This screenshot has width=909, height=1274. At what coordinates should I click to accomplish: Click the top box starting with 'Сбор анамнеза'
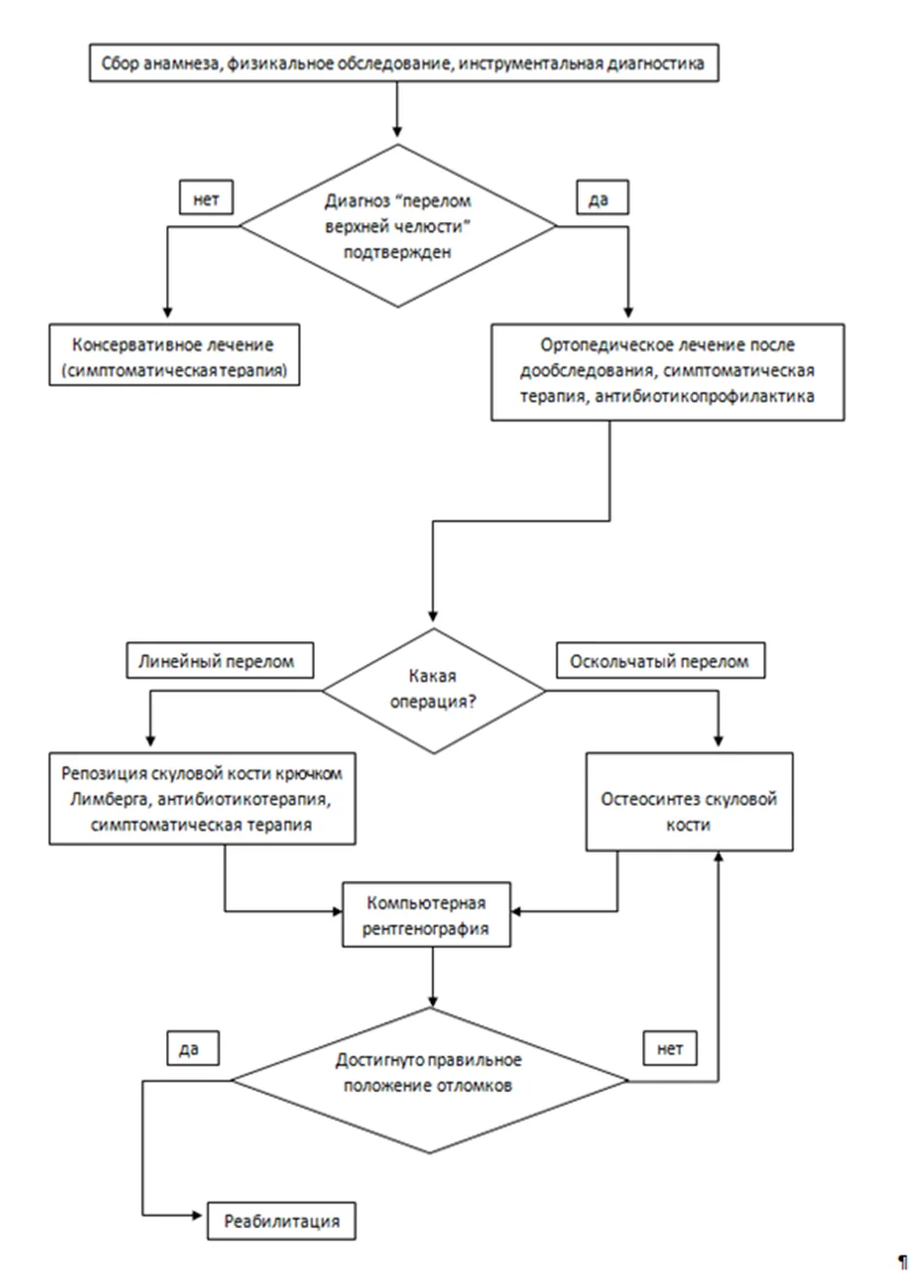[404, 63]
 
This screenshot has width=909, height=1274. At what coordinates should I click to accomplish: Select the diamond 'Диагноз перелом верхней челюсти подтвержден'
[398, 226]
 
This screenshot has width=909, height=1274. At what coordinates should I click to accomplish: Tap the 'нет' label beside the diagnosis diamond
[206, 198]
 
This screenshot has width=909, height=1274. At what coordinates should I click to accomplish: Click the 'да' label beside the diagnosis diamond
[602, 198]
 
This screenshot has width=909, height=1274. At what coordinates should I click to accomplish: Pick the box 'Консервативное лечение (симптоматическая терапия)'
[174, 355]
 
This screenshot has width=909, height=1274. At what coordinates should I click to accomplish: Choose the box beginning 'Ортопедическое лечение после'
[668, 373]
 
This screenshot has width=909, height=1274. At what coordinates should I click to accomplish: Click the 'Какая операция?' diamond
[433, 691]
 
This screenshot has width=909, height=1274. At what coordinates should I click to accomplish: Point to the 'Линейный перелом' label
[220, 660]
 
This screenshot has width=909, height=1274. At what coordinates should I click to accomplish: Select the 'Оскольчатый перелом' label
[661, 660]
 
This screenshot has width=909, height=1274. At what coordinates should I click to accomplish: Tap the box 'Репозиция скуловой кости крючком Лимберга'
[202, 799]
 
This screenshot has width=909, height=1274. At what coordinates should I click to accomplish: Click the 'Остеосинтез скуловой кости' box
[689, 802]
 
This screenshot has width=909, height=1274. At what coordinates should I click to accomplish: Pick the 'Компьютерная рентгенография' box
[426, 914]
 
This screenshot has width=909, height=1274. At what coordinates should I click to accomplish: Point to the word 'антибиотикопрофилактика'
[705, 396]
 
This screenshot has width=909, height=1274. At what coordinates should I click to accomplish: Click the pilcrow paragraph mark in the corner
[902, 1260]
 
